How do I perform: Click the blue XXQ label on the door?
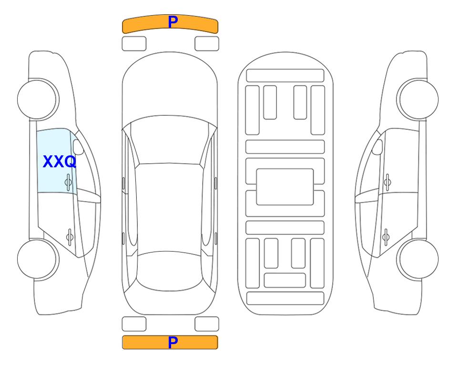pos(60,162)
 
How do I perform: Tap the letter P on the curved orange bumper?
pos(173,21)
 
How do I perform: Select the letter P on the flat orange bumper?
pos(173,342)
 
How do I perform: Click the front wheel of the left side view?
pos(38,99)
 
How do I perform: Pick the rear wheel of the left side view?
pos(38,259)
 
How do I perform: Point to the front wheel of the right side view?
pos(418,99)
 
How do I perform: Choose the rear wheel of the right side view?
pos(418,259)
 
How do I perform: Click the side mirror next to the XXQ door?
pos(78,147)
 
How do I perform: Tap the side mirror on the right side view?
pos(377,147)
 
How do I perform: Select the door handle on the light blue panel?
pos(68,182)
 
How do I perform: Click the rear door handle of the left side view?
pos(70,236)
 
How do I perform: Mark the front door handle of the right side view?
pos(388,182)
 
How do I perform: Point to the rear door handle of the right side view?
pos(386,236)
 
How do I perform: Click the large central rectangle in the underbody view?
pos(285,187)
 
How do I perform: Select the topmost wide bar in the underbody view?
pos(285,76)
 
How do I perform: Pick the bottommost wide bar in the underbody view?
pos(286,298)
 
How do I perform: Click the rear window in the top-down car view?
pos(170,271)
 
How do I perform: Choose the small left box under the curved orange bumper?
pos(134,44)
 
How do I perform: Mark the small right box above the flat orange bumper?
pos(207,324)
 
